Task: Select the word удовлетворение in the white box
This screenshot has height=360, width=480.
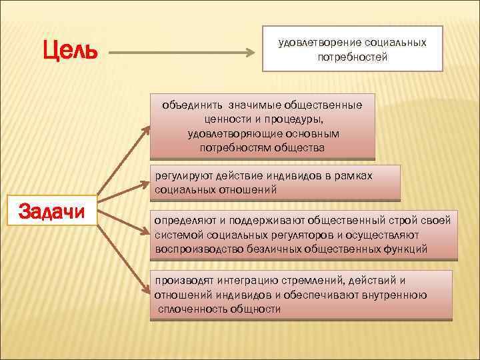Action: coord(316,43)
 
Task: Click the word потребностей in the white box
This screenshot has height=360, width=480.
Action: coord(352,57)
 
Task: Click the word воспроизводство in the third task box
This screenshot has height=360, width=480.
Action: coord(193,249)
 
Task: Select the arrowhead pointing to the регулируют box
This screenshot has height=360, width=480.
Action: coord(148,188)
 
